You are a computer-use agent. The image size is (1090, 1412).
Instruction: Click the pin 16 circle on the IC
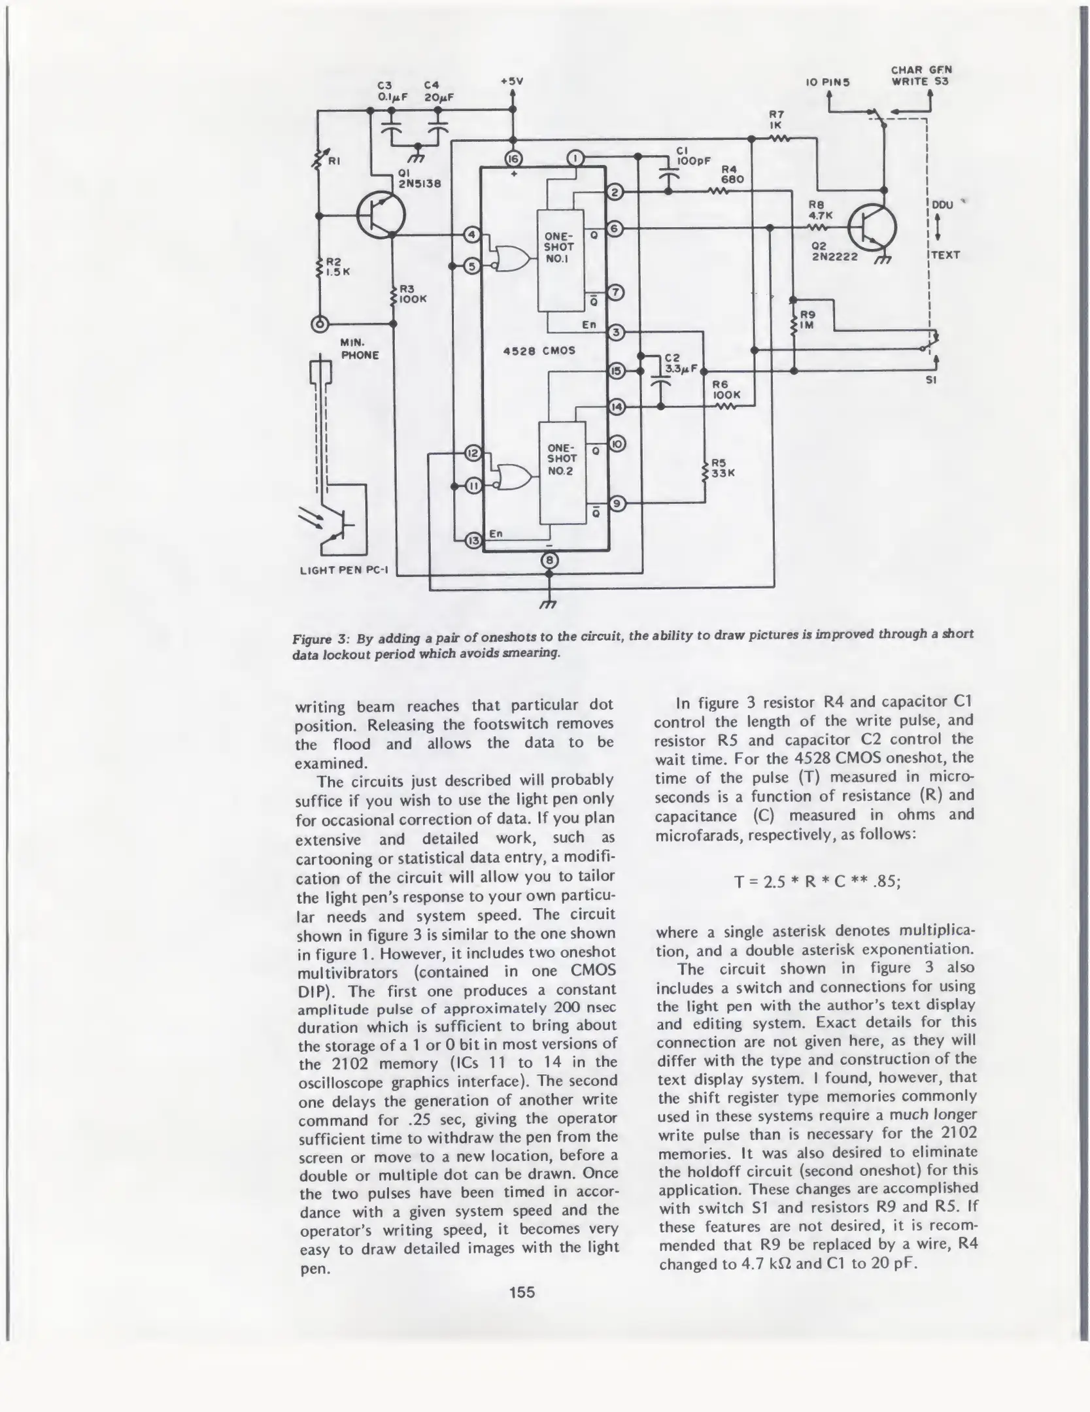coord(513,158)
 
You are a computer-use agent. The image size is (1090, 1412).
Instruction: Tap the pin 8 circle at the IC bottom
coord(549,560)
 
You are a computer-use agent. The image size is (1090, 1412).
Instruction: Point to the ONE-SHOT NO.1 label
coord(559,247)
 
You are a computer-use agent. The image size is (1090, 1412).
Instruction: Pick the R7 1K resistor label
coord(777,120)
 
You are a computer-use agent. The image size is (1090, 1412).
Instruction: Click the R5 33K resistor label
coord(723,468)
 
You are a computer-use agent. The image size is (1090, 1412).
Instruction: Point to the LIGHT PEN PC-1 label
coord(344,571)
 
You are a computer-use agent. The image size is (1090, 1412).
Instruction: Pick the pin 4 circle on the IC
coord(471,235)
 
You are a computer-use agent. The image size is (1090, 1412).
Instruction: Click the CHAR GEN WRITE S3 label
coord(921,76)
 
